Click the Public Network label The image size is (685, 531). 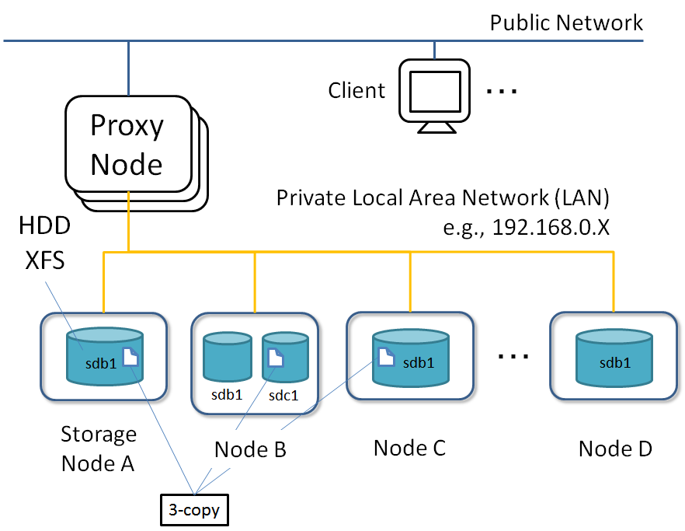(x=566, y=23)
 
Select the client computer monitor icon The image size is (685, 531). (x=435, y=96)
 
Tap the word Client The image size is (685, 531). (x=356, y=90)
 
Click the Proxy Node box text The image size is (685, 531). (x=127, y=145)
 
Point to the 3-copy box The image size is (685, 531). (x=194, y=509)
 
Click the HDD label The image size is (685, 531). (x=44, y=225)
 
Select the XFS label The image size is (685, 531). (x=44, y=260)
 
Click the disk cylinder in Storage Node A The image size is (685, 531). (x=105, y=357)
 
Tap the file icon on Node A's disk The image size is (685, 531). (x=130, y=357)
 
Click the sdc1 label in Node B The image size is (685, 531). (x=283, y=396)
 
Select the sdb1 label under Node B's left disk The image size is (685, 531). (x=227, y=394)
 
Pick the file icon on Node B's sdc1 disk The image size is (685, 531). (x=276, y=358)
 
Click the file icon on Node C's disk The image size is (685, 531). (x=386, y=357)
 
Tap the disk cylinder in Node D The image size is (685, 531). (x=614, y=358)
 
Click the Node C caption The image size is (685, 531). (x=410, y=448)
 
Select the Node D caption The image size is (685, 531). (x=615, y=449)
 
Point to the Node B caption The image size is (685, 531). (x=250, y=449)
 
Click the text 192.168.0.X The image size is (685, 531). (x=551, y=227)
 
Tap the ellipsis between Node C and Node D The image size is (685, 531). (x=513, y=356)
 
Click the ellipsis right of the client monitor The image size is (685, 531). (x=502, y=91)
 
